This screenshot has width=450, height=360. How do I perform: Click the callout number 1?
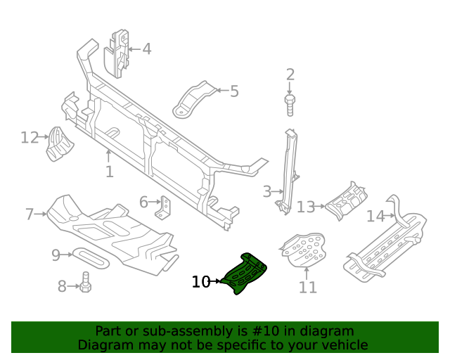(109, 172)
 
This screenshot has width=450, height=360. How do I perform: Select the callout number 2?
(290, 75)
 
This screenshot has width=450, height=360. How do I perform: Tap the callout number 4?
(146, 49)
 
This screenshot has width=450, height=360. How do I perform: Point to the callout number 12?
(30, 137)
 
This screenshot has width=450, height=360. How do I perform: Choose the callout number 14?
(375, 216)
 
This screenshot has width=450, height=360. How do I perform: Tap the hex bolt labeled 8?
(85, 284)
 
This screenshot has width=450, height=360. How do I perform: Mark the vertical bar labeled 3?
(288, 169)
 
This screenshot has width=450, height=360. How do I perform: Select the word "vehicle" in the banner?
(345, 345)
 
